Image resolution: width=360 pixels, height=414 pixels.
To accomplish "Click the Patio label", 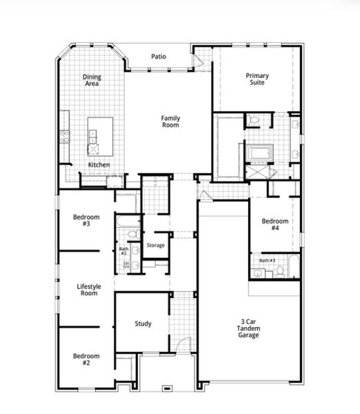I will coord(159,56).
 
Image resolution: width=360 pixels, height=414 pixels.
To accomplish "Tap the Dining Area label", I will coord(92,80).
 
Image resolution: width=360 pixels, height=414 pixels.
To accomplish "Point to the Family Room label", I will coord(170,121).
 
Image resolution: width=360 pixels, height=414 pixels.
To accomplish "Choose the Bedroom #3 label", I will coord(86,220).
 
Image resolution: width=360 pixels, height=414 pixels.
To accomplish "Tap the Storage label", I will coord(156,245).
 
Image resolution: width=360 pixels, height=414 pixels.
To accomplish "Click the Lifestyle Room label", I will coord(88,290).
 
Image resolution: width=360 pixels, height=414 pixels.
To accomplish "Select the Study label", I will coord(143,324).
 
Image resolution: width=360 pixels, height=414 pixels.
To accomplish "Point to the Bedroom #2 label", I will coord(86,359).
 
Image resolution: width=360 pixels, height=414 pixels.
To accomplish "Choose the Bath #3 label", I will coord(268,260).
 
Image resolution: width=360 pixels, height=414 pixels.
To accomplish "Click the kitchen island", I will coord(100,135).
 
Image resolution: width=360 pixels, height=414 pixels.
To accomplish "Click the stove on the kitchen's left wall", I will coord(65,136).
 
